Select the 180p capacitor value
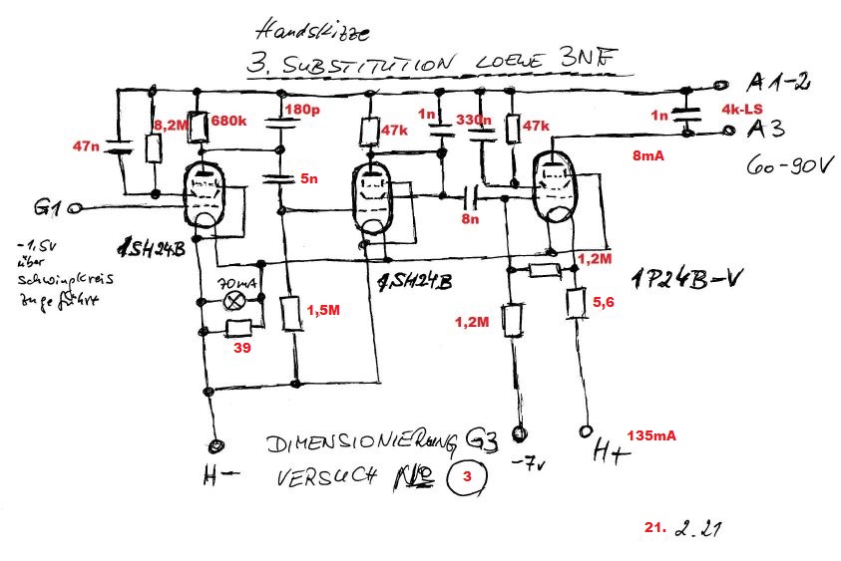[x=301, y=109]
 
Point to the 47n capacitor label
[x=86, y=146]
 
